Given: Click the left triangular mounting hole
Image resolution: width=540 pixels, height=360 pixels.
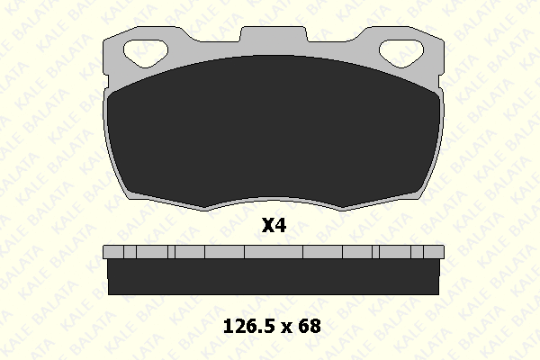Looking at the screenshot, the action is [x=145, y=53].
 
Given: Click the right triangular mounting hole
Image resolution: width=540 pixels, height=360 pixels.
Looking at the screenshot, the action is [x=401, y=53].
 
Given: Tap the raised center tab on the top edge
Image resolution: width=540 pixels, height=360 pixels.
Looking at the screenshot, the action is [x=274, y=34].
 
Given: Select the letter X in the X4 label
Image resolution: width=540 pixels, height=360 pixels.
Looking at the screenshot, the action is [x=268, y=225].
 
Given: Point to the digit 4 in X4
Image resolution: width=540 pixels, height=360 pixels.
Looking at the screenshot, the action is [x=281, y=225].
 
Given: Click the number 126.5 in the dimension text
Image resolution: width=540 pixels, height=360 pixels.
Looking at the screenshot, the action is [x=250, y=326].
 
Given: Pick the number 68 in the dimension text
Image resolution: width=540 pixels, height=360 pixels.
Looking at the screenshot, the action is [x=310, y=326].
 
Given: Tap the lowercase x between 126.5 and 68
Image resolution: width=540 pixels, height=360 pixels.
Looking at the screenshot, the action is [x=287, y=328].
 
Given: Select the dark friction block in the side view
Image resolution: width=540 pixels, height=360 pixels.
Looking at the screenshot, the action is [x=274, y=277].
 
